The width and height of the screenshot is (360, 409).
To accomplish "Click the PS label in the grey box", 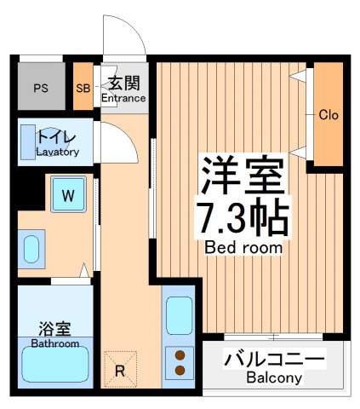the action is click(41, 88).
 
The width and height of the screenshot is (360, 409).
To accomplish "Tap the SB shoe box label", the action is click(83, 89).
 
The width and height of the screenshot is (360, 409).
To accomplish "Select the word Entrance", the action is click(123, 98).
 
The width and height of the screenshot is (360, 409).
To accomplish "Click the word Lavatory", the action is click(58, 153).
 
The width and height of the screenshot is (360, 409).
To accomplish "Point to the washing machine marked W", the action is click(68, 194).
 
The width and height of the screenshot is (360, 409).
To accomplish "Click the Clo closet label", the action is click(329, 115).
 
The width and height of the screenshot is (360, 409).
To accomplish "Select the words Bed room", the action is click(243, 248).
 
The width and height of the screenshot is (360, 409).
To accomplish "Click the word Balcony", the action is click(274, 378).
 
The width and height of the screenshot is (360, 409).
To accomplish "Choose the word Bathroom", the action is click(55, 343).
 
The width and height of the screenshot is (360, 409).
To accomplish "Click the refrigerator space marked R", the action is click(120, 370).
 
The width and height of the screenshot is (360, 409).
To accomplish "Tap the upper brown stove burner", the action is click(180, 355).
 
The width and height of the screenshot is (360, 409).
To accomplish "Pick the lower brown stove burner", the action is click(180, 370).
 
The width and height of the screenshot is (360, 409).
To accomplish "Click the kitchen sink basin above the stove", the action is click(179, 315).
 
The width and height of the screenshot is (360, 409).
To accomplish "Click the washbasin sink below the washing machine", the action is click(31, 250).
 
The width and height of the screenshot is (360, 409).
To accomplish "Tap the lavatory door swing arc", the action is click(126, 136).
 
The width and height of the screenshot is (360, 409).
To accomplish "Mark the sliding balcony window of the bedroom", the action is click(273, 337).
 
